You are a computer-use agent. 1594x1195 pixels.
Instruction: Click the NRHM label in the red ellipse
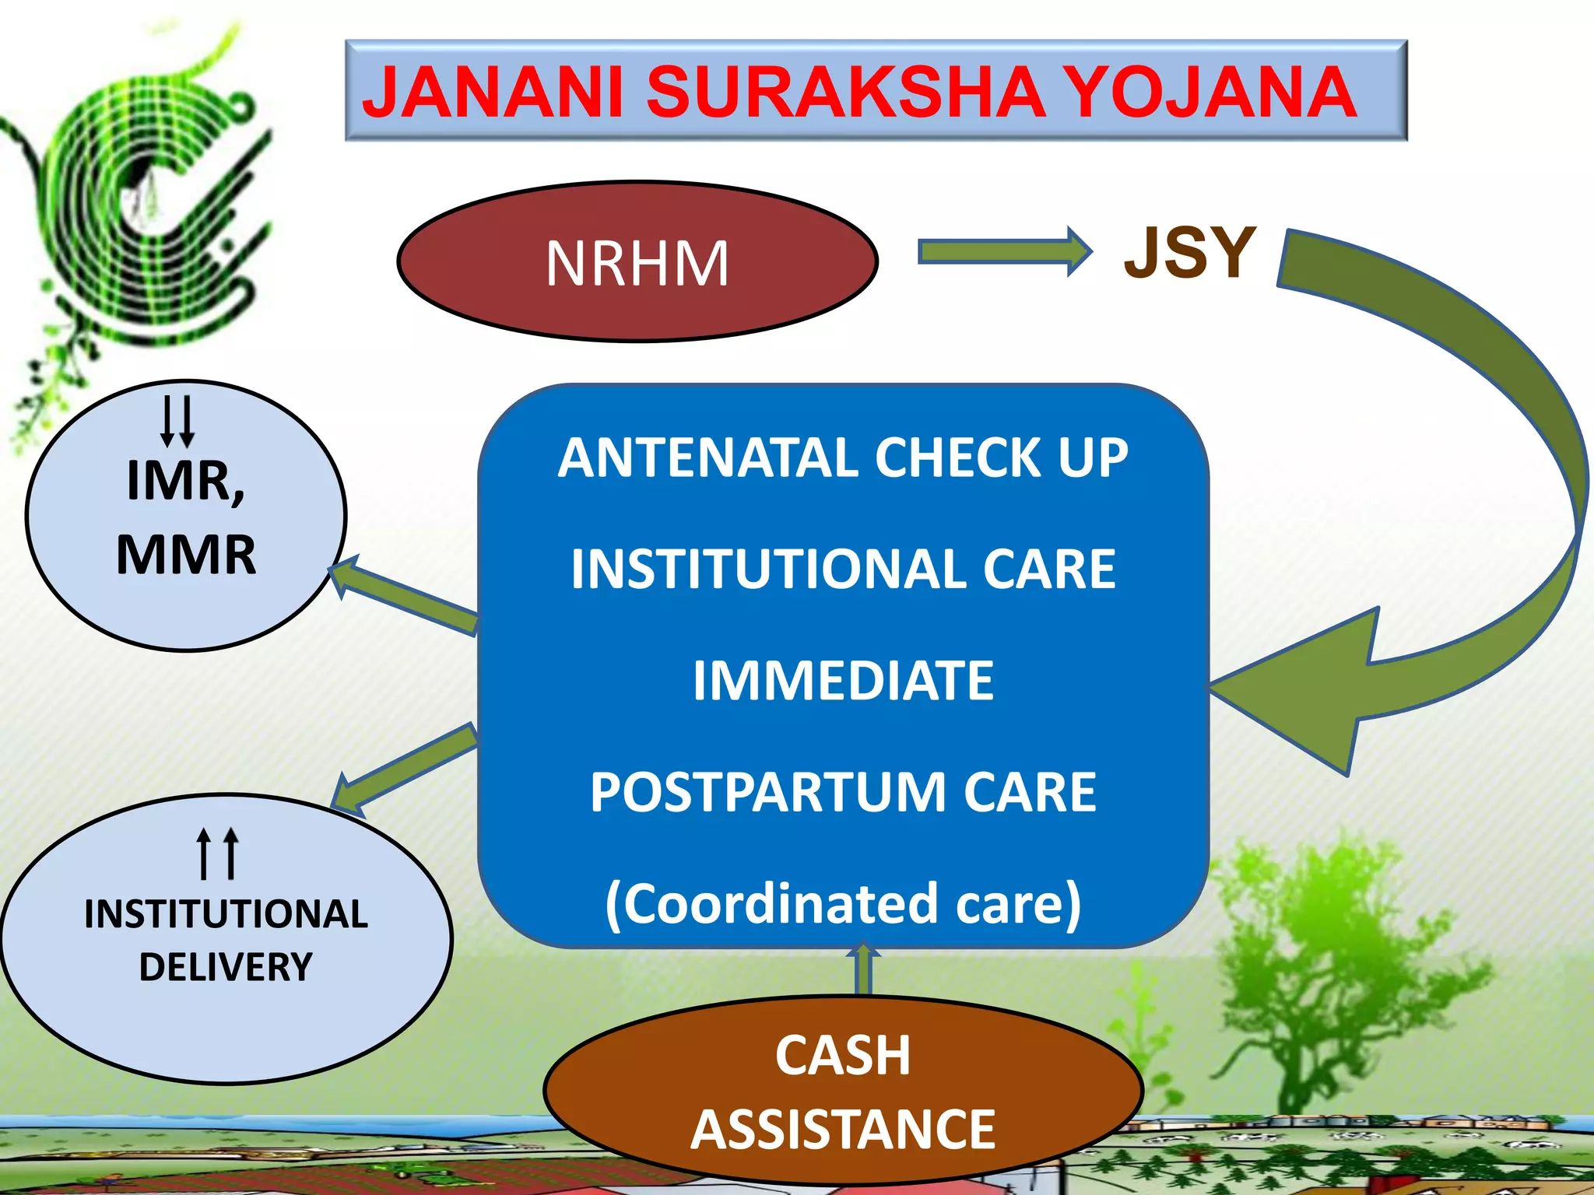pos(637,264)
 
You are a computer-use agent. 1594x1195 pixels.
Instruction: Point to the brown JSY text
pos(1189,252)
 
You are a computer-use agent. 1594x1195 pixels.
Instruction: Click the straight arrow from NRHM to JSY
pos(1004,251)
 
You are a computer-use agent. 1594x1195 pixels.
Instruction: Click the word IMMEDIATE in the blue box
pos(843,681)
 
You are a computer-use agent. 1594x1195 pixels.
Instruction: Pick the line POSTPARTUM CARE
pos(843,792)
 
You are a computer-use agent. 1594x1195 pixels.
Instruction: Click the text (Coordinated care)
pos(843,904)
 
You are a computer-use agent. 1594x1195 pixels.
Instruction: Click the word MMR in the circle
pos(186,555)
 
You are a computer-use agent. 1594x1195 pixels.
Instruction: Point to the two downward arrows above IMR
pos(177,422)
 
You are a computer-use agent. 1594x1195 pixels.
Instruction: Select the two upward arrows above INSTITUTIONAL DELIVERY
pos(217,853)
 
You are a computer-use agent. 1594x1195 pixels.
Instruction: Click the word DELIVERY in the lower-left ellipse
pos(226,967)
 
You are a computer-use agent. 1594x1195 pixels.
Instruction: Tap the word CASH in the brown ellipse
pos(843,1056)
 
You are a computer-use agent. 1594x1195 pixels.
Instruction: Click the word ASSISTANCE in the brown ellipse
pos(843,1130)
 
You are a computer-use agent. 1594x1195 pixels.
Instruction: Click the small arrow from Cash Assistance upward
pos(863,969)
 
